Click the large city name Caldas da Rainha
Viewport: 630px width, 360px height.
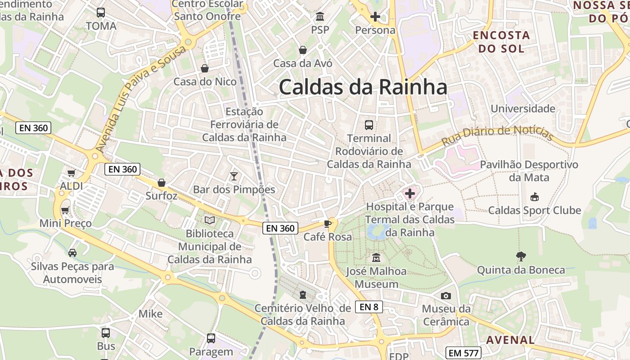pos(363,87)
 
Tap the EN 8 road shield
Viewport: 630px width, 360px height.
pos(369,307)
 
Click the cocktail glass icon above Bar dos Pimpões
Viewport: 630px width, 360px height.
pos(234,176)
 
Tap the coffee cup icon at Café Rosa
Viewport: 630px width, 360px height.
pos(328,224)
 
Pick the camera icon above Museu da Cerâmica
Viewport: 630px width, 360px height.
pos(446,296)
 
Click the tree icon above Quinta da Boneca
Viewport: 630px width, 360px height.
pos(521,256)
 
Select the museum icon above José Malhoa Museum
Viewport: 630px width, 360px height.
pos(376,258)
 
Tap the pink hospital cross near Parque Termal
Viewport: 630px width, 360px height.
pos(410,194)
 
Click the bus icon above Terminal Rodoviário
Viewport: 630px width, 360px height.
pos(369,125)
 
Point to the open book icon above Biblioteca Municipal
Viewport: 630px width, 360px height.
pos(210,220)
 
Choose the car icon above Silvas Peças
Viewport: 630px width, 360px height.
pos(72,252)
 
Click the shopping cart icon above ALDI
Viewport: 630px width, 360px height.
pos(71,173)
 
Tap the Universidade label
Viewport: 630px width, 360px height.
pos(523,108)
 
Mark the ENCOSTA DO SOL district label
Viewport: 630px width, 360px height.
pos(501,42)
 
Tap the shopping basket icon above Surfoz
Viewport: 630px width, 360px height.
pos(162,183)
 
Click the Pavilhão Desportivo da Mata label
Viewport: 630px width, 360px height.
pos(529,171)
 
